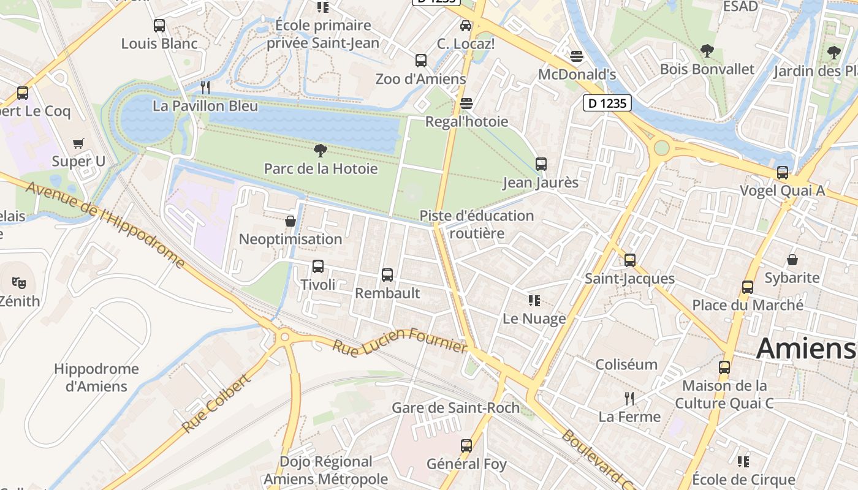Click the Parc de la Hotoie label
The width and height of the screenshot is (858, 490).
321,168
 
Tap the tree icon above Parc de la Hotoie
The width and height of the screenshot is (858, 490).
320,150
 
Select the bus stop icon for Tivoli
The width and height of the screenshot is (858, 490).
317,266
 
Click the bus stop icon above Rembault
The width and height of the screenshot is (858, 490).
387,275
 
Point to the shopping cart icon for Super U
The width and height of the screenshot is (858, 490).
78,143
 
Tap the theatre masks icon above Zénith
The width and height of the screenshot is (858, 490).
19,282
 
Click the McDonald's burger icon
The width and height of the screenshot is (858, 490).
576,56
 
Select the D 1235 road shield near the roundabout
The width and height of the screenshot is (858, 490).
607,104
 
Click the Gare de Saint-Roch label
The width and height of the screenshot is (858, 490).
455,408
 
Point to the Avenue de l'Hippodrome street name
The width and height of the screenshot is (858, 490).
105,224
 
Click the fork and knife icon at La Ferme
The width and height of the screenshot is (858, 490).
629,399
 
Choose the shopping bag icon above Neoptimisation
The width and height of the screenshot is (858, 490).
290,221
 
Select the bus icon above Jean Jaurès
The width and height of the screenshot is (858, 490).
541,164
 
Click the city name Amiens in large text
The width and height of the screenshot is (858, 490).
805,349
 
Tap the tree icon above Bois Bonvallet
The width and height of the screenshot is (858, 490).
707,51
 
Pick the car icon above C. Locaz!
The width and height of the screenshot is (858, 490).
466,26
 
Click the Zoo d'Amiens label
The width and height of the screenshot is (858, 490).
420,79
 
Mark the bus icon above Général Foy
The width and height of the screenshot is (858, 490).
466,445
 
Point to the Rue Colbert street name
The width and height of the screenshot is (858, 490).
216,403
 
